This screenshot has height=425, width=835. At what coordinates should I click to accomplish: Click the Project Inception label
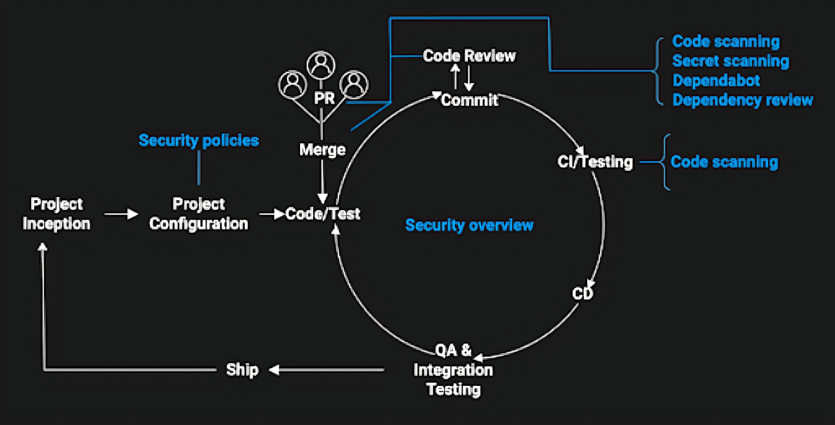pos(57,214)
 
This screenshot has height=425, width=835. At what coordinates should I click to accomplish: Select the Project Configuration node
pos(199,214)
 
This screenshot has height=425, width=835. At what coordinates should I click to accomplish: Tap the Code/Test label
pos(323,214)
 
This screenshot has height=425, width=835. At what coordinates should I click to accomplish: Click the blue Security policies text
pos(199,140)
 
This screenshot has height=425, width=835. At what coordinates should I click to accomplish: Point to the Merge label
pos(322,150)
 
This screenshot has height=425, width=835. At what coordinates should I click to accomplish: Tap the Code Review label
pos(469,56)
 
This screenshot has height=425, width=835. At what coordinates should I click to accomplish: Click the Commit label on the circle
pos(470,99)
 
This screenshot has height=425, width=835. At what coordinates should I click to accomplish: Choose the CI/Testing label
pos(595,162)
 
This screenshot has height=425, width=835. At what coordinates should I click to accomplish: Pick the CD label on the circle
pos(583,293)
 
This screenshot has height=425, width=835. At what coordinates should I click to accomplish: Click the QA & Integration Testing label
pos(454,370)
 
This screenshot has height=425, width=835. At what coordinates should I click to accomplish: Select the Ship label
pos(242,370)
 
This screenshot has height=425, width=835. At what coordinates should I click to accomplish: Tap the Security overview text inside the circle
pos(469,225)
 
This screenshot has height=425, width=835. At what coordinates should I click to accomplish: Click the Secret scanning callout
pos(731,62)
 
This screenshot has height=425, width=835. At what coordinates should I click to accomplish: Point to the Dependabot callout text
pos(716,81)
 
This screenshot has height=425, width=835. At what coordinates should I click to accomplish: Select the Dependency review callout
pos(742,100)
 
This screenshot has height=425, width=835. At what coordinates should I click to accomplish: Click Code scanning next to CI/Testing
pos(724,162)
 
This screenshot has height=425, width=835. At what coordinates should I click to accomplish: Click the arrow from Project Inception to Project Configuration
pos(121,214)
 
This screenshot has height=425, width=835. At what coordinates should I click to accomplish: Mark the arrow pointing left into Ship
pos(326,370)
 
